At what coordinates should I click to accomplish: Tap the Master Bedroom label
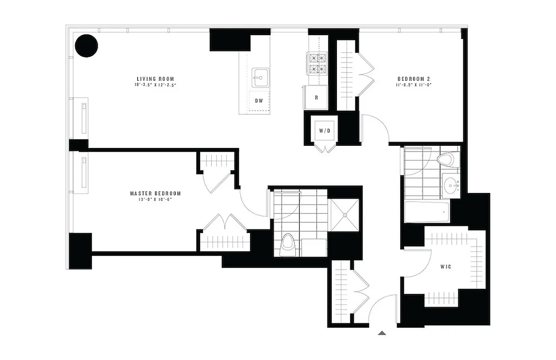click(x=155, y=193)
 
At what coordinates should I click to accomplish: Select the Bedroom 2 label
click(x=413, y=79)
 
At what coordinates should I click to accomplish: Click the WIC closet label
click(x=446, y=267)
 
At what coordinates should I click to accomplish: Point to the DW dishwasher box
click(x=259, y=100)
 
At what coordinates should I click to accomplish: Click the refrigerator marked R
click(x=316, y=97)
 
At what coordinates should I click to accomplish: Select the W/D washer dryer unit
click(x=324, y=130)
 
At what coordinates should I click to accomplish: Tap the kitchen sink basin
click(x=260, y=77)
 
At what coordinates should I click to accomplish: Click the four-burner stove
click(x=317, y=63)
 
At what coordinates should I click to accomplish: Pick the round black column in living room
click(x=86, y=46)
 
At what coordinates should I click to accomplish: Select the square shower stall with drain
click(x=345, y=215)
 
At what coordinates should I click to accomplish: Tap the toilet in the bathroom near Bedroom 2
click(x=448, y=160)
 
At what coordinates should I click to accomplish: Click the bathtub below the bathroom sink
click(x=427, y=211)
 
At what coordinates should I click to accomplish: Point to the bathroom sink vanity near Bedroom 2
click(x=451, y=185)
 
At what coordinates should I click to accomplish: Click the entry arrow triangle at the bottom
click(x=382, y=333)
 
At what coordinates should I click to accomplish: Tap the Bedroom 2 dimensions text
click(x=413, y=85)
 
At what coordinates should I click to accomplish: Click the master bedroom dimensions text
click(x=155, y=199)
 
